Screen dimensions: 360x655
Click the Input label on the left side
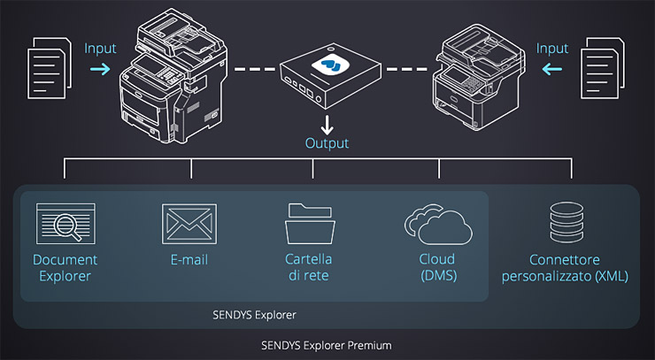100,48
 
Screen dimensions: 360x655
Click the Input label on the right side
552,48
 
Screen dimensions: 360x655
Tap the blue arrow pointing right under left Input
100,68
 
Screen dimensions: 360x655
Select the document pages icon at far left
48,67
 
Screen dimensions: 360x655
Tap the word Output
327,142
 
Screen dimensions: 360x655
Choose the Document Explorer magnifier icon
65,223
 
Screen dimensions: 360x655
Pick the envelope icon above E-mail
189,223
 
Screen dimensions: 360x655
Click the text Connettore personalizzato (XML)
565,268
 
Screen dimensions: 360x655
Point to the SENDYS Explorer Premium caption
327,345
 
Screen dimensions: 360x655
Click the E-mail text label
189,260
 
